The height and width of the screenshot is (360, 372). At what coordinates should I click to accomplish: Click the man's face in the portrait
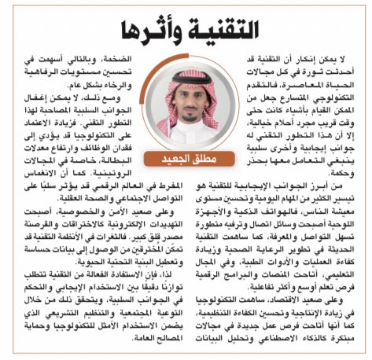pos(186,95)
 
